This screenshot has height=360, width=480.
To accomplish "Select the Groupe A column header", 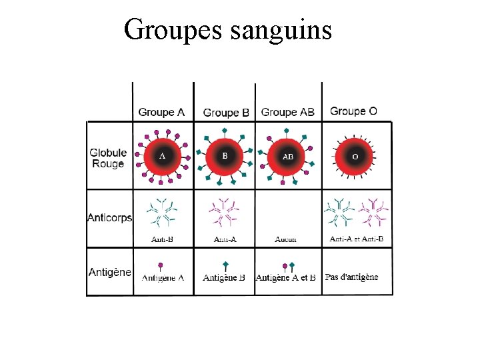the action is (x=161, y=112).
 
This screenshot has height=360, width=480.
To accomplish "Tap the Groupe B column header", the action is (x=226, y=113).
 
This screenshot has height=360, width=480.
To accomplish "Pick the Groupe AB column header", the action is (x=288, y=112).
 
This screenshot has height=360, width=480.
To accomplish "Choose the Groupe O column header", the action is (x=353, y=111).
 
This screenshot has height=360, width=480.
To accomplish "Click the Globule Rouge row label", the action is (x=108, y=159).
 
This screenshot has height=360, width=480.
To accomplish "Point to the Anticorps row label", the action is (x=110, y=217).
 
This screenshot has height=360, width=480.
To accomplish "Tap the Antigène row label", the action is (x=110, y=272).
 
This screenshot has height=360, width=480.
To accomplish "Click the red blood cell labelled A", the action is (x=162, y=157).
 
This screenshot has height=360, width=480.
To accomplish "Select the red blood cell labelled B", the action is (x=225, y=156).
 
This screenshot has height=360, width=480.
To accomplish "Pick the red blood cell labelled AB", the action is (x=288, y=157).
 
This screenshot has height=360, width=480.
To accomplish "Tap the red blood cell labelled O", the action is (x=355, y=157).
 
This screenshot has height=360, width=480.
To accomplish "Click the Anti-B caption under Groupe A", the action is (x=163, y=239).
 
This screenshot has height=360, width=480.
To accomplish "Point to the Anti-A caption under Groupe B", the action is (x=225, y=239).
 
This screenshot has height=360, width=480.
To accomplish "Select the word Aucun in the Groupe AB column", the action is (x=286, y=239).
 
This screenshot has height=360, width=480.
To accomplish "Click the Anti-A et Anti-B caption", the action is (x=357, y=239).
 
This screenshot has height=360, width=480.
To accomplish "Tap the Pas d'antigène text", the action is (x=351, y=277).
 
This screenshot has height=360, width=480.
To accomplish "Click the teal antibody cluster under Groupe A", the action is (x=163, y=213).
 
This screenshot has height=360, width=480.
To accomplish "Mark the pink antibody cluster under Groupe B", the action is (x=225, y=213).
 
